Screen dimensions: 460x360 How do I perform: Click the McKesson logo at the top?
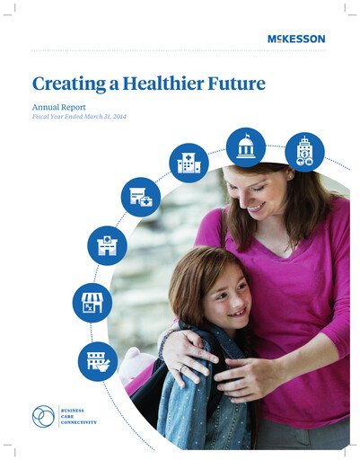coord(295,39)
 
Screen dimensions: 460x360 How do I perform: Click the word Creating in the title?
coord(66,85)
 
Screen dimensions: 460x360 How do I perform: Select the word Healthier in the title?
coord(154,84)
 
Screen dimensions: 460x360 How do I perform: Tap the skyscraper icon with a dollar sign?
coord(303,152)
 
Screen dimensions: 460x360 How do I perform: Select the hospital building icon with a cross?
coord(189,164)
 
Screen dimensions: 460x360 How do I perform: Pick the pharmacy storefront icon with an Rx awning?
coord(91,302)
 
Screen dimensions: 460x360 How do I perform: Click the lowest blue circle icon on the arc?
coord(97,360)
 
